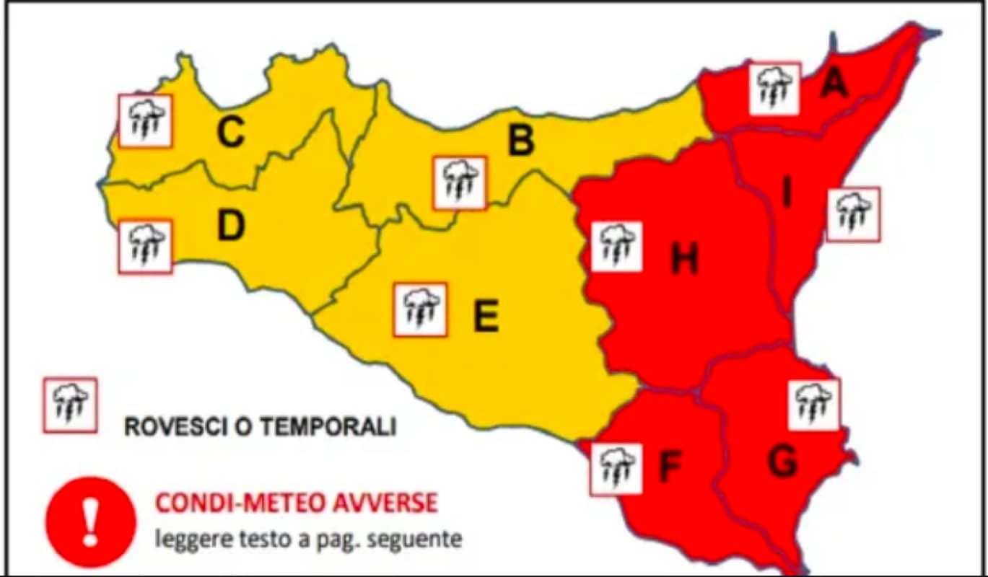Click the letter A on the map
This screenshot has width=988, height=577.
point(834,84)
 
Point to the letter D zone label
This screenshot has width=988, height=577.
point(231,226)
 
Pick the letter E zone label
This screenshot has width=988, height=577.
point(486,316)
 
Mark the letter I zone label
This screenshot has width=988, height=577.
point(787,194)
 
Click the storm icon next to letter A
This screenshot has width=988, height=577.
point(774,88)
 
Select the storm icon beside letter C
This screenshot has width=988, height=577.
point(145,120)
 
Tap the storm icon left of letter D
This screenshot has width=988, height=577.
point(145,247)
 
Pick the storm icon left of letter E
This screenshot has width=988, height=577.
point(420,309)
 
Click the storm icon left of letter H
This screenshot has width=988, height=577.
point(616,246)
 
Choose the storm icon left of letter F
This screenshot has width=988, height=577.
point(616,469)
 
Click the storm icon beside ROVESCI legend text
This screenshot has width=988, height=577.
point(70,405)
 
